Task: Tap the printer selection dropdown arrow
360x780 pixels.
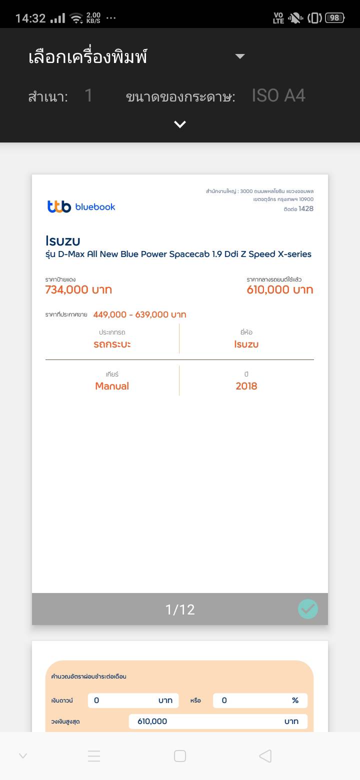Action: (240, 56)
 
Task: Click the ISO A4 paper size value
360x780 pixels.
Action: (278, 95)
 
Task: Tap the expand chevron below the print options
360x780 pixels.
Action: (180, 124)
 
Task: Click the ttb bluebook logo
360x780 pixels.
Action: (81, 206)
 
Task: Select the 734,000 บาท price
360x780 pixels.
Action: (78, 289)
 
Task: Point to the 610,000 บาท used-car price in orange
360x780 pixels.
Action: (280, 289)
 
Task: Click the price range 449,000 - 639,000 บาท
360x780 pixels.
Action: (139, 314)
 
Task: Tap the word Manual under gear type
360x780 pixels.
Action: (112, 386)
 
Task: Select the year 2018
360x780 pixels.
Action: (246, 386)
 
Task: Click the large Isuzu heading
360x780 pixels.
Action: (62, 240)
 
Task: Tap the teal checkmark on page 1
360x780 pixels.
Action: (308, 609)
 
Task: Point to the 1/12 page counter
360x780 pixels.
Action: (180, 609)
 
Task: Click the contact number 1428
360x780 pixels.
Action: (306, 208)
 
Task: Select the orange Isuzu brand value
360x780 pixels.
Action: (246, 344)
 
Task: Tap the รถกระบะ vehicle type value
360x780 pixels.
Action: (112, 344)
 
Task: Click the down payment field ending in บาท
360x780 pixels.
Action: (133, 700)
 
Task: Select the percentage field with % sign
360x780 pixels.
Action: (260, 700)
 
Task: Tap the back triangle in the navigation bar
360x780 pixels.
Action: (265, 756)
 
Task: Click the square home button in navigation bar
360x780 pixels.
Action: (180, 756)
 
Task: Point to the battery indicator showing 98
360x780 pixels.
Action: (334, 18)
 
